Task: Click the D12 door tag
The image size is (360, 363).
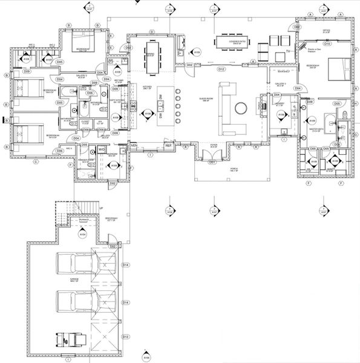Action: [x=221, y=70]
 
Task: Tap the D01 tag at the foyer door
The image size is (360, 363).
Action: [x=212, y=162]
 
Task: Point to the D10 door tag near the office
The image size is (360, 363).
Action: [x=326, y=44]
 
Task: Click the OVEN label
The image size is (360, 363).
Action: [x=133, y=145]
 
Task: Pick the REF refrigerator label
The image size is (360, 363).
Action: [x=168, y=146]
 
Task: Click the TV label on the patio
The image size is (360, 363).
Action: [x=289, y=52]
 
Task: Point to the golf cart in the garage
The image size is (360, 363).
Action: [x=67, y=339]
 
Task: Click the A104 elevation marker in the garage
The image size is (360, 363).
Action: [x=82, y=233]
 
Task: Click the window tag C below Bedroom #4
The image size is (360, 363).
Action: [x=36, y=162]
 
